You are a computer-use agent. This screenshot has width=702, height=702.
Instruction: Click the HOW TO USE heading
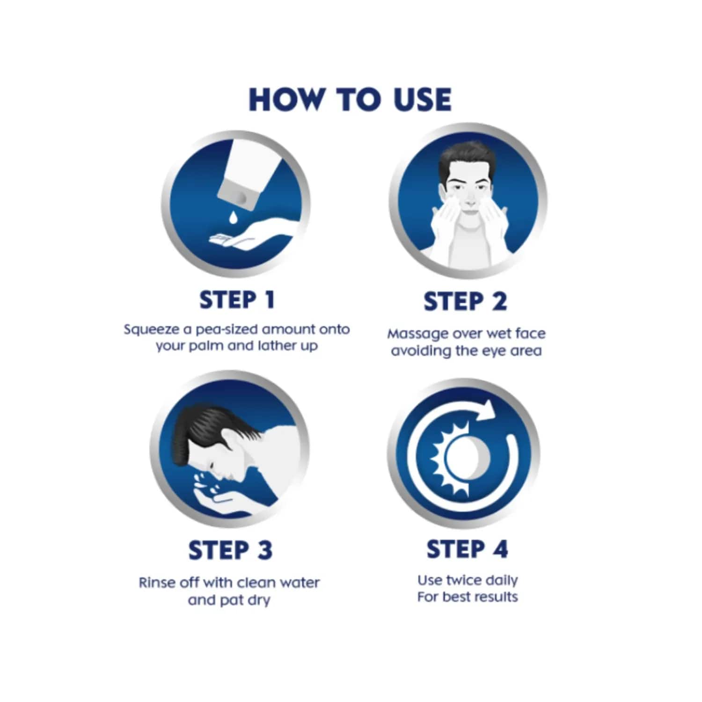pos(350,99)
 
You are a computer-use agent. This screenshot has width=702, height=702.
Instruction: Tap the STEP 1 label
pos(237,300)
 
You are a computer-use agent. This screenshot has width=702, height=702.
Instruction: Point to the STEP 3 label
pos(230,550)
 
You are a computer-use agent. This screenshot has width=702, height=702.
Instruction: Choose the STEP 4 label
pos(467,549)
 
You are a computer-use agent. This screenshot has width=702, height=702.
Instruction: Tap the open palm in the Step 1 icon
pos(246,237)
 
